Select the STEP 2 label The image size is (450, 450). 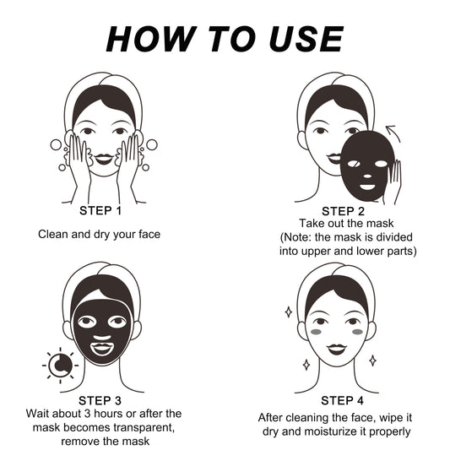click(344, 211)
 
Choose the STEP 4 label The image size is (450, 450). click(343, 400)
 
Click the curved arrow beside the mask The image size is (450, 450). click(392, 133)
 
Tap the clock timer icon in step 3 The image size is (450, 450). click(60, 365)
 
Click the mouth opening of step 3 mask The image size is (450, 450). click(102, 346)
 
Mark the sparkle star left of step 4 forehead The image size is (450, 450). click(288, 312)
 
